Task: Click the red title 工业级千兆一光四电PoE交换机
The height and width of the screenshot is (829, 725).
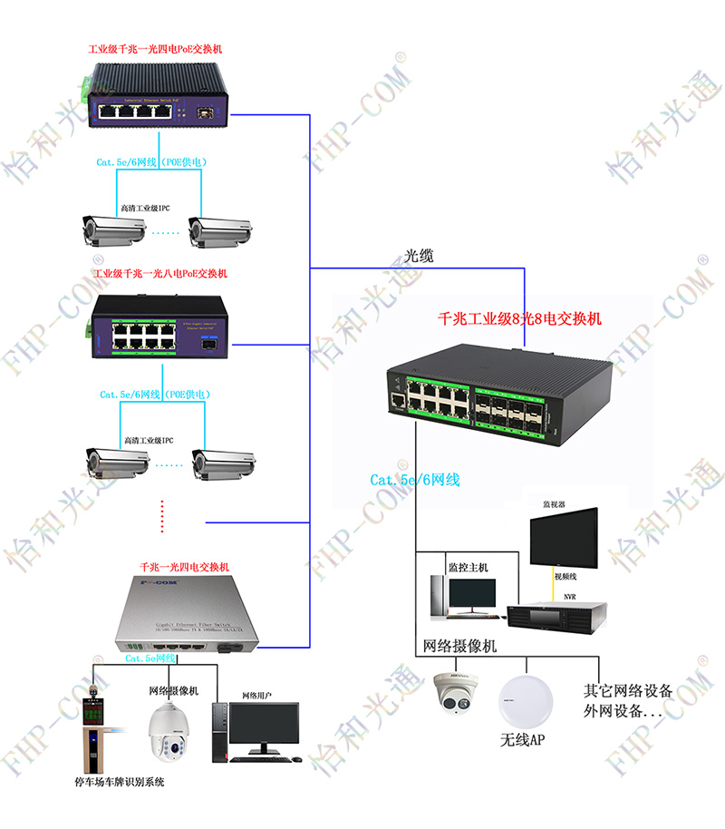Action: click(155, 48)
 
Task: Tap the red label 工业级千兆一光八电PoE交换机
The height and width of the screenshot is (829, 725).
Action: click(160, 273)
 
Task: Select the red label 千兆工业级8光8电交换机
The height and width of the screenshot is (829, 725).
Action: click(520, 319)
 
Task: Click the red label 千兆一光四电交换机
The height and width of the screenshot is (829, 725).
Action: click(185, 567)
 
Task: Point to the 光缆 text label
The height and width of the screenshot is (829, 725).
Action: click(419, 257)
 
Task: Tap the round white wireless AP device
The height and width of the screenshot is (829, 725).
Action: click(525, 700)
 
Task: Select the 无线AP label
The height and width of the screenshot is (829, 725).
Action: click(523, 740)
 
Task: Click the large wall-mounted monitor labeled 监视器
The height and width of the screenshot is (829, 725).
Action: click(564, 539)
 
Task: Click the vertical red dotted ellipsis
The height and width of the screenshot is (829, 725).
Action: click(162, 516)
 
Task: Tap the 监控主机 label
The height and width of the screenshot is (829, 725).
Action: click(468, 567)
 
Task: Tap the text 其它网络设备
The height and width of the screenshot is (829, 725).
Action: click(628, 690)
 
